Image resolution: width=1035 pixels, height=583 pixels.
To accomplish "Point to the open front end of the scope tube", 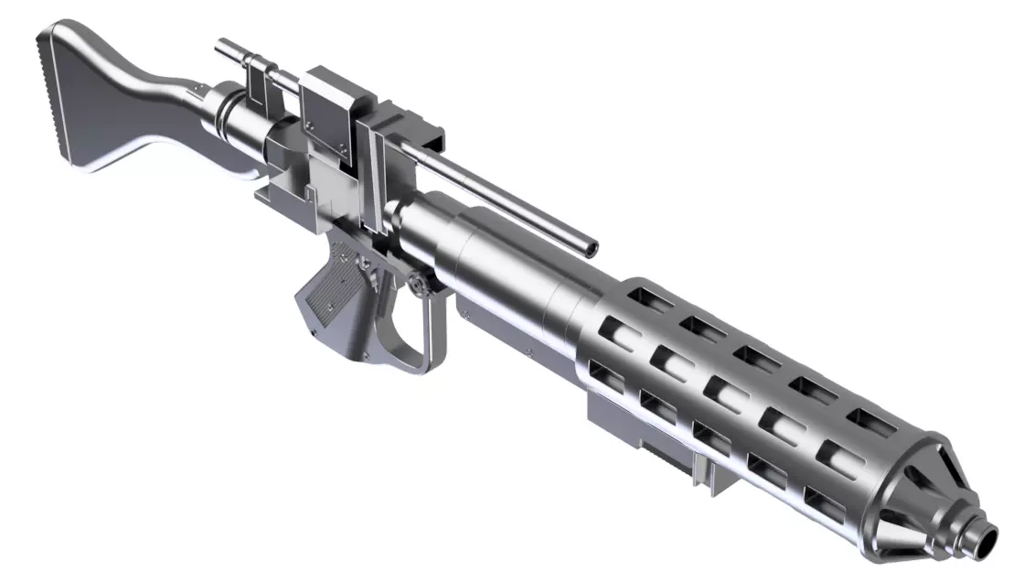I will tap(592, 246).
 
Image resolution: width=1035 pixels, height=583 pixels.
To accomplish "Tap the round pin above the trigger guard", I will tap(417, 285).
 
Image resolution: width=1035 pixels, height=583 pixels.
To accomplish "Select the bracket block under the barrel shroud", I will tap(622, 416).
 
